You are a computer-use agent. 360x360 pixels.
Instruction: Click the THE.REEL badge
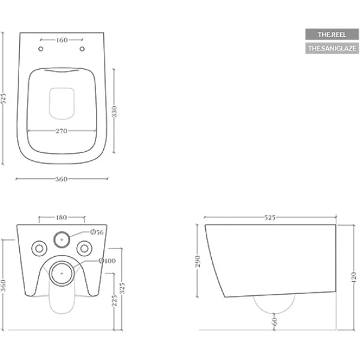(x=332, y=34)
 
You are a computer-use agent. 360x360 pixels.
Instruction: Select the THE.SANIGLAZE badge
(x=332, y=48)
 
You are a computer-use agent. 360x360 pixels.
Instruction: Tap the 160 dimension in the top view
(x=62, y=40)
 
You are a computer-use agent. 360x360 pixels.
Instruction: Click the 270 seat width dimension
(x=62, y=131)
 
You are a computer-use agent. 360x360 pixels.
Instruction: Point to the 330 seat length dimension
(x=115, y=112)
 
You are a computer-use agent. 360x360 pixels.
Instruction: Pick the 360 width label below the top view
(x=61, y=179)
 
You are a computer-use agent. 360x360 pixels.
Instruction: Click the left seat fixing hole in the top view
(x=41, y=49)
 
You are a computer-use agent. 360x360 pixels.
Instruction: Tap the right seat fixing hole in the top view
(x=82, y=49)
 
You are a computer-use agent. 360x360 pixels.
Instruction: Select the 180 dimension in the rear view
(x=61, y=217)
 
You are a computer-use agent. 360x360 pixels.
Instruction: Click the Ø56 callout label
(x=97, y=232)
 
